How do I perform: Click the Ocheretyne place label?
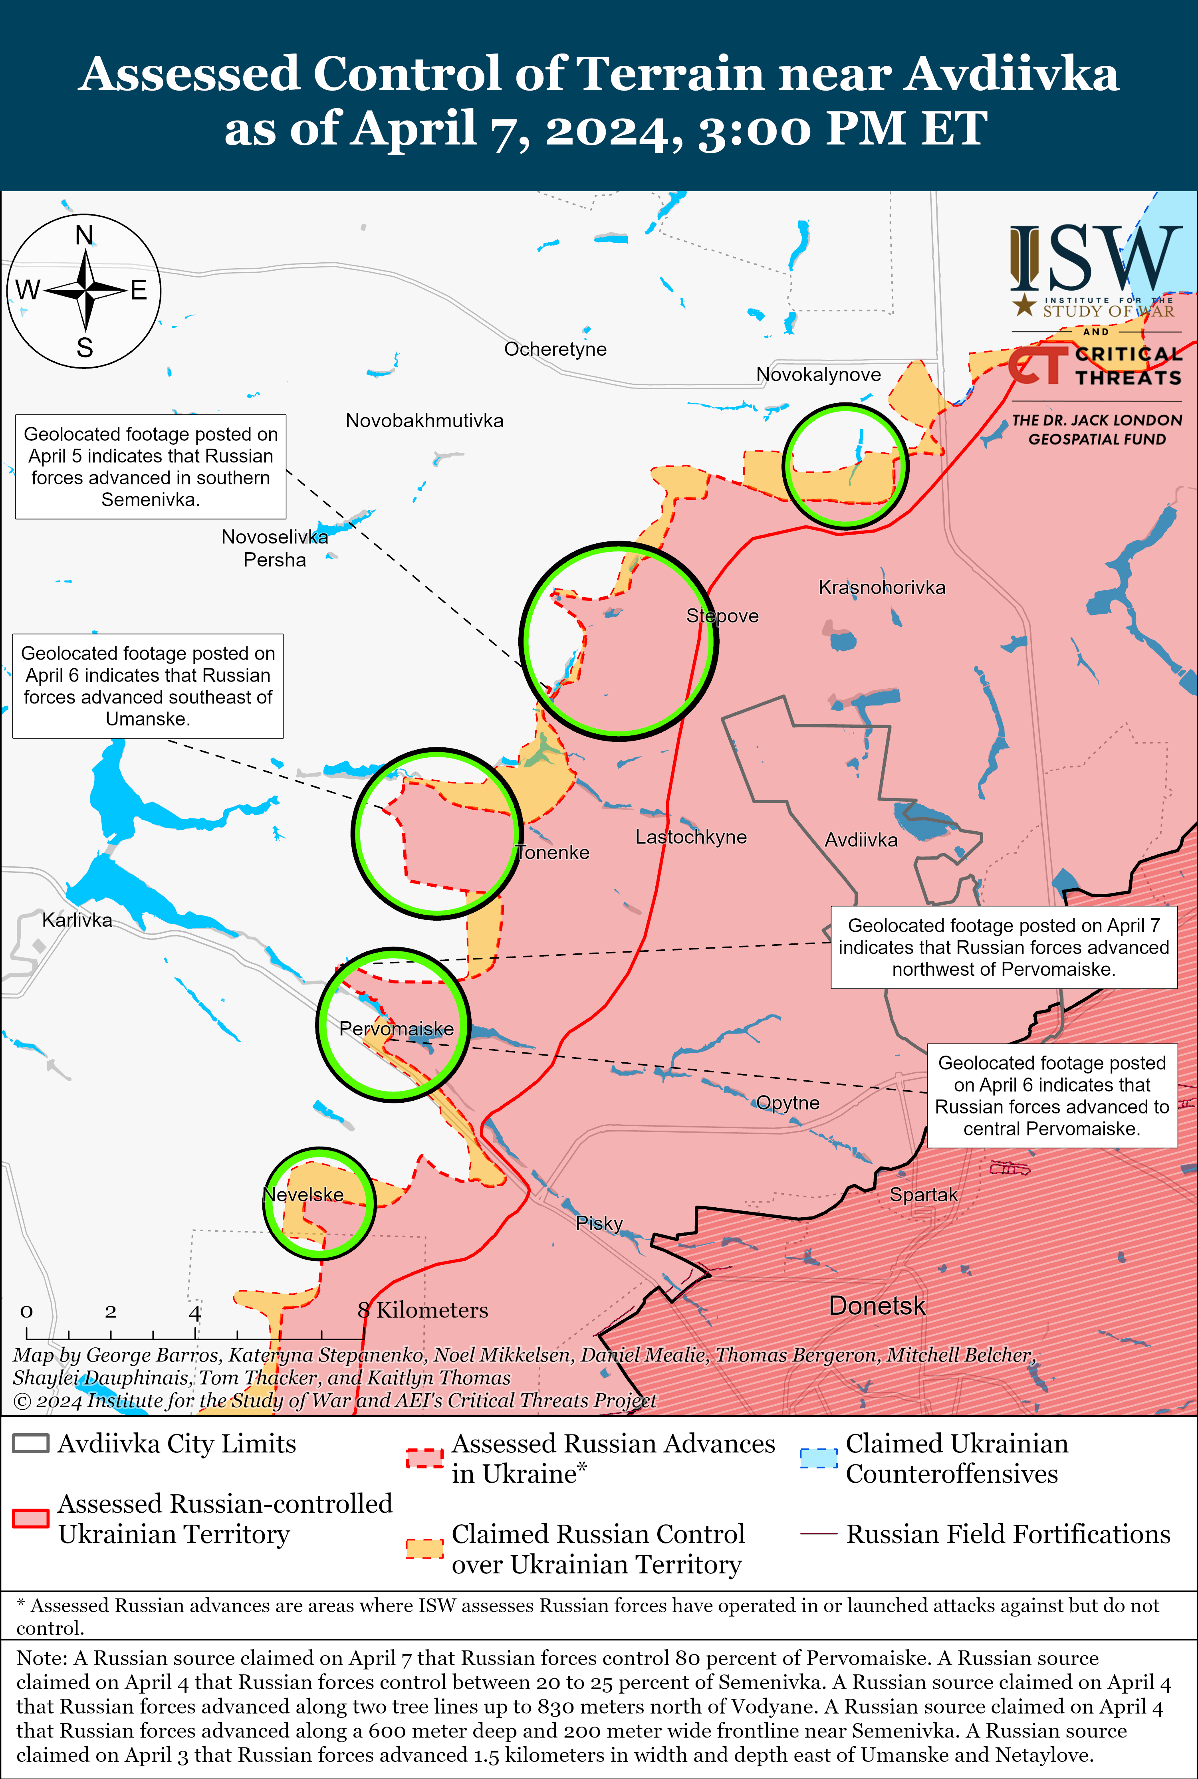(x=555, y=349)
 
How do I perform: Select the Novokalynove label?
(x=818, y=374)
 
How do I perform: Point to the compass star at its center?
(x=85, y=290)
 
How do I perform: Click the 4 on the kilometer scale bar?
(x=195, y=1312)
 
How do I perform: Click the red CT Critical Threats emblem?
(x=1037, y=366)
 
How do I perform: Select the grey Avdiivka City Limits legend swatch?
(x=31, y=1443)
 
